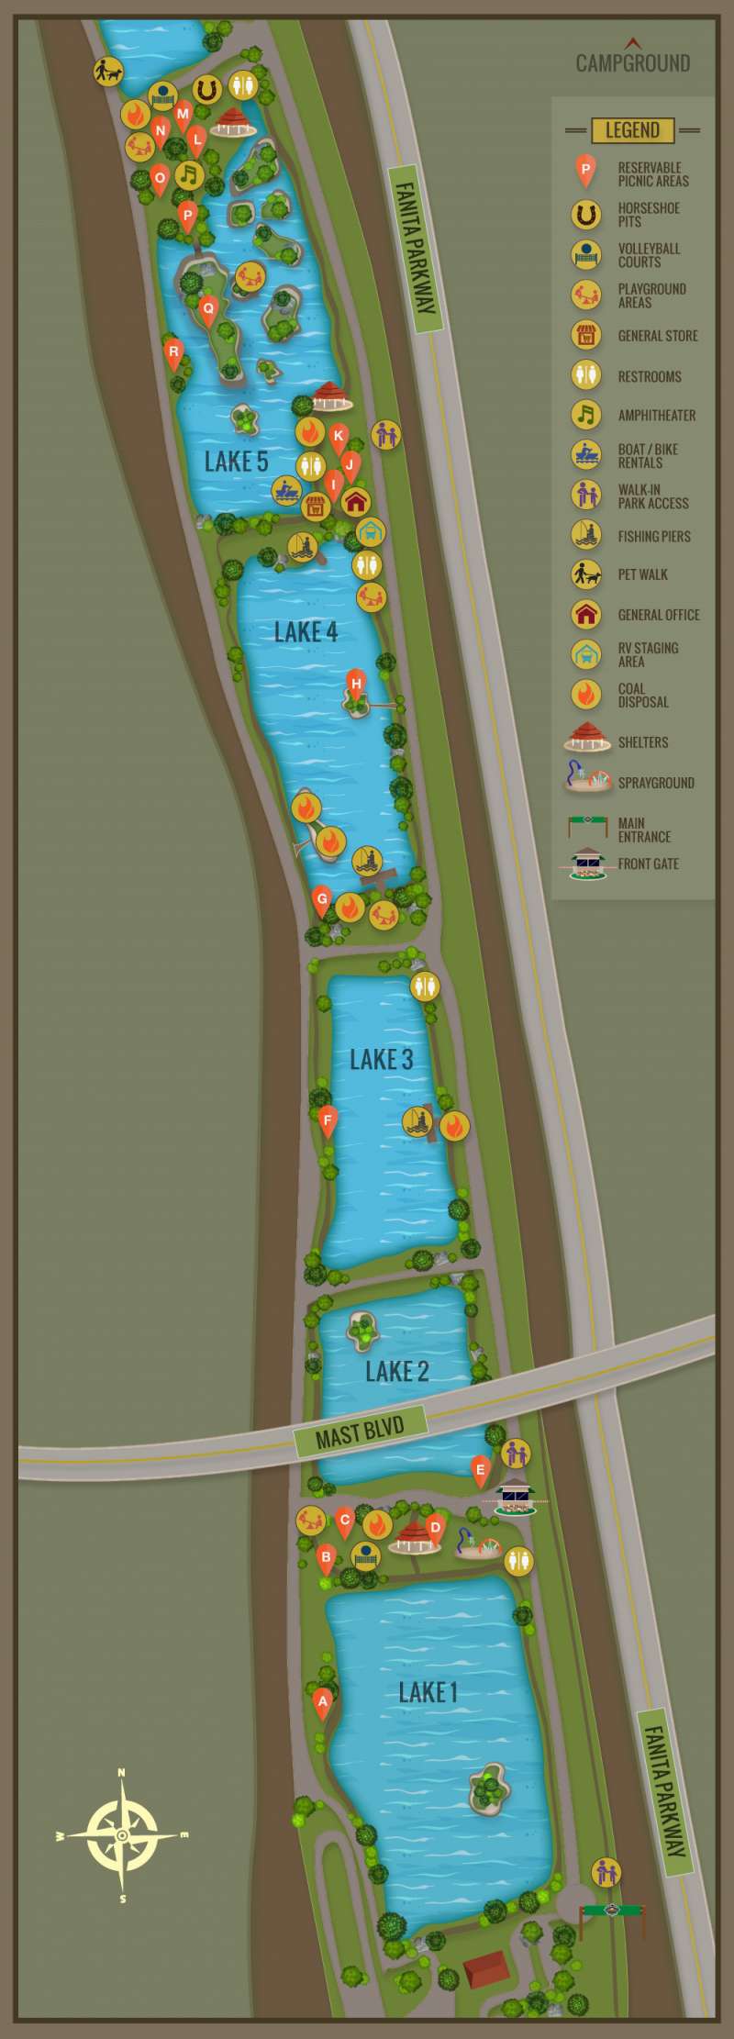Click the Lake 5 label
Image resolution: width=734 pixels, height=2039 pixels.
pos(236,462)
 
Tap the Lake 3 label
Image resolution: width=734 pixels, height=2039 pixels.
pos(381,1060)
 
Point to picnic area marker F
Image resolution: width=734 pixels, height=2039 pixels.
pos(328,1120)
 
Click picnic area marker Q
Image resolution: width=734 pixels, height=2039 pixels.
pos(208,309)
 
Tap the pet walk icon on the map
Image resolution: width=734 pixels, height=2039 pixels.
pos(108,72)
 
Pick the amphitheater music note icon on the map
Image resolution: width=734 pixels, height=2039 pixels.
pos(189,174)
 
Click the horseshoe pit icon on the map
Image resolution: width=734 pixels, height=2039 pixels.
pos(207,89)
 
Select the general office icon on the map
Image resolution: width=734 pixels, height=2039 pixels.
pos(356,501)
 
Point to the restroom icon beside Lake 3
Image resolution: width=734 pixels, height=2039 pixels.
pos(424,986)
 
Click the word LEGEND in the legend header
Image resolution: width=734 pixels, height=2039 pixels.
pos(632,130)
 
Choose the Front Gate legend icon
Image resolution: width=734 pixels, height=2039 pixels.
pos(587,863)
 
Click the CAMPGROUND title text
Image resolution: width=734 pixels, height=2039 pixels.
pos(632,62)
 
